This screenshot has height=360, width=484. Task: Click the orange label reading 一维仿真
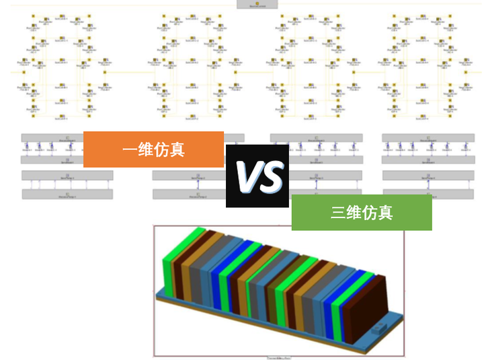[153, 149]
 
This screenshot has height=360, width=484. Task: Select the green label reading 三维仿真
[361, 213]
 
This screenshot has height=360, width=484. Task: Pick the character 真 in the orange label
[177, 149]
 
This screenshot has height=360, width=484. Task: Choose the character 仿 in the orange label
[161, 149]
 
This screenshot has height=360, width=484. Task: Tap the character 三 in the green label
[338, 213]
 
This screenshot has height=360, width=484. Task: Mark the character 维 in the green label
[354, 213]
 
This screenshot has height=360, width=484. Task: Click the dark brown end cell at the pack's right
[368, 310]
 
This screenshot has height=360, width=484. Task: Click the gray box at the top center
[257, 4]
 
